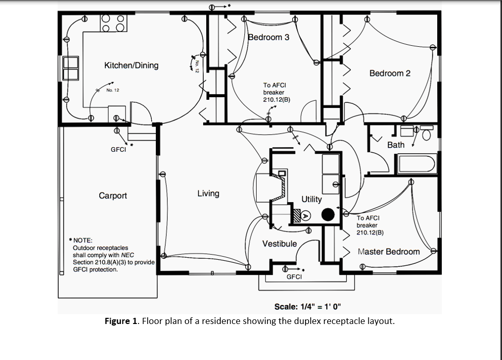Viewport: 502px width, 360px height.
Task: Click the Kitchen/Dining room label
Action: point(131,65)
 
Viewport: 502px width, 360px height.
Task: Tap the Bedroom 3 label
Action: point(268,37)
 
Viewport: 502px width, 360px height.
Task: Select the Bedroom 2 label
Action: point(390,73)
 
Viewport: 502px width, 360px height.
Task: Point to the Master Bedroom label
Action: point(388,251)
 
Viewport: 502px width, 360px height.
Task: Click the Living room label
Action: point(208,193)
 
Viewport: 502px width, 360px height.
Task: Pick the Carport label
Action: point(113,195)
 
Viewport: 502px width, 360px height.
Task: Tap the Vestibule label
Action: point(279,243)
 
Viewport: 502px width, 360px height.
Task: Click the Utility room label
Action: point(311,199)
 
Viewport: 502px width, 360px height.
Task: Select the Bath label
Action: point(396,145)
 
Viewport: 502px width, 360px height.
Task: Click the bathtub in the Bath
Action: point(417,164)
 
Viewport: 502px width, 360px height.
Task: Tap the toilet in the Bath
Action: point(426,134)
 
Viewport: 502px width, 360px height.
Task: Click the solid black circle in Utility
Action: point(328,214)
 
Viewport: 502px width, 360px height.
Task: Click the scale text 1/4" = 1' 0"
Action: point(307,307)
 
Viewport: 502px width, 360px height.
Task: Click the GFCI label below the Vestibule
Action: point(294,277)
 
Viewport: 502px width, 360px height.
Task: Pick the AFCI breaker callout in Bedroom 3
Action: point(275,92)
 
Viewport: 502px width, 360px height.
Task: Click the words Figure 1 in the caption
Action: point(121,321)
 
